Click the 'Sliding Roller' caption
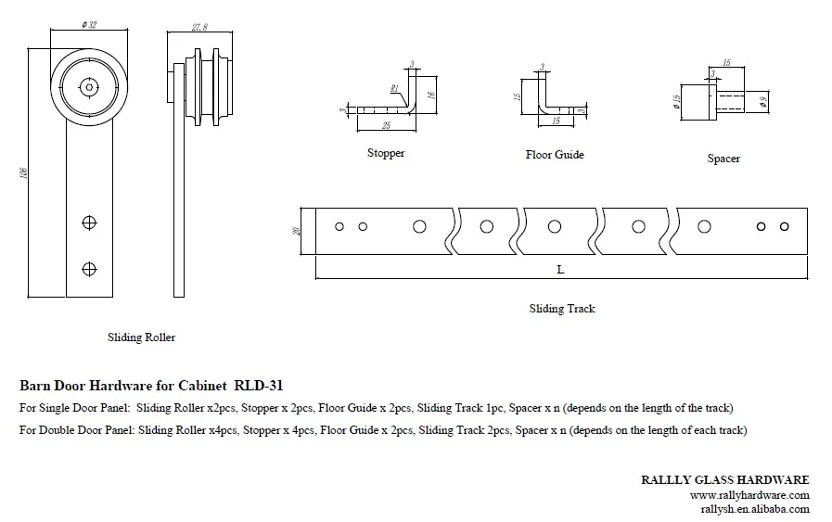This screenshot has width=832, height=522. point(141,337)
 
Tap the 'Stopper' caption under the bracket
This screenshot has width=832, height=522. point(386,153)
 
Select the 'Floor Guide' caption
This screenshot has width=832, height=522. point(555,155)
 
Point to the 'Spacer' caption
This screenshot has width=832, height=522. point(723,159)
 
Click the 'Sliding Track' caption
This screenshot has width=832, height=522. point(562,309)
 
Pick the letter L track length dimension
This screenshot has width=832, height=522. point(560,269)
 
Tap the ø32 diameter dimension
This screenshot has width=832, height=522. point(89,24)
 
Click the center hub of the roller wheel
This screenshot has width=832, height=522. point(89,87)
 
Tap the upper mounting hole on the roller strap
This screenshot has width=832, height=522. point(89,223)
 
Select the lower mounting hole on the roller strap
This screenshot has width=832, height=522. point(89,269)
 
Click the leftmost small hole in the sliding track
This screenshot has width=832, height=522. point(339,226)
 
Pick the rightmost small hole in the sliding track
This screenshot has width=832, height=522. point(785,226)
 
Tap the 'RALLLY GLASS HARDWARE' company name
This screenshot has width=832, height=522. point(725,479)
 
